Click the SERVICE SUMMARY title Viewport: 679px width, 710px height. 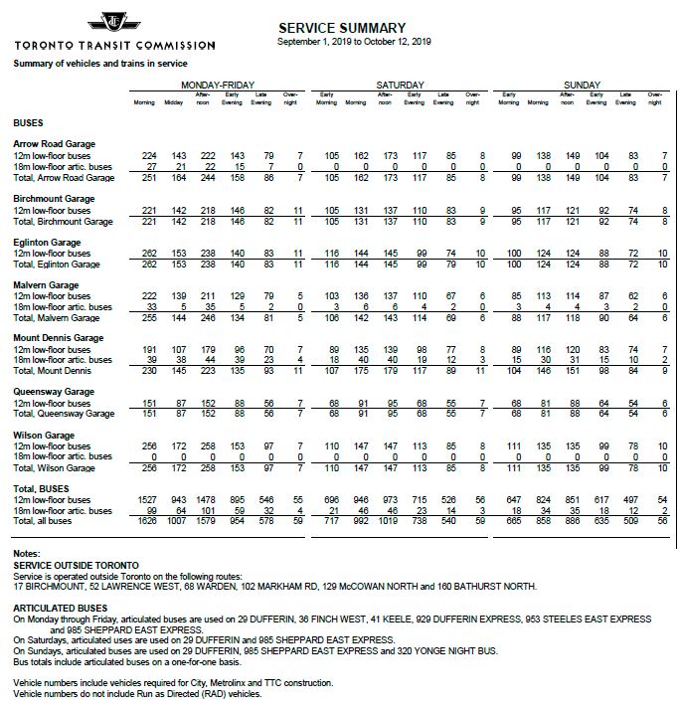(x=343, y=28)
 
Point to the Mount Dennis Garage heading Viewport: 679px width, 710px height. (x=59, y=338)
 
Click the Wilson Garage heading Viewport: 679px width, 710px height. (x=46, y=436)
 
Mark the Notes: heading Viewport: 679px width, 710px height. (x=27, y=551)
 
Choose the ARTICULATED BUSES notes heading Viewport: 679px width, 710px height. (x=61, y=606)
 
